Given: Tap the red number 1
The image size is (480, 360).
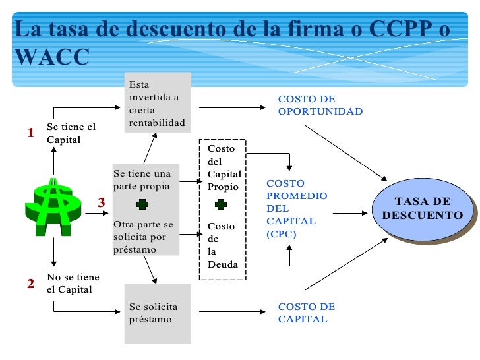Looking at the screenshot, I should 30,133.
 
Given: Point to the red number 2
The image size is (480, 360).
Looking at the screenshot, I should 30,284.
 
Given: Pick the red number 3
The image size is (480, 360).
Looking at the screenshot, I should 102,202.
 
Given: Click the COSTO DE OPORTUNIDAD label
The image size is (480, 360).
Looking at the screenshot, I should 320,105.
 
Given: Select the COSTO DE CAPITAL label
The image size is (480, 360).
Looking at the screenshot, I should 307,313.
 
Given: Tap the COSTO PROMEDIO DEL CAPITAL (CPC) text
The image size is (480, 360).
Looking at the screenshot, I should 296,208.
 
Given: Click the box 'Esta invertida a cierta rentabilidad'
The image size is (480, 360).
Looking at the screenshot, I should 158,104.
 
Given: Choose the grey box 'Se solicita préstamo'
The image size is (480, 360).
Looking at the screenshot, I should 158,313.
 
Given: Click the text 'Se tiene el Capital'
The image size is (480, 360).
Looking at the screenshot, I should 71,133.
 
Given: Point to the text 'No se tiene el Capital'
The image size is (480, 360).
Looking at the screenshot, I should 73,284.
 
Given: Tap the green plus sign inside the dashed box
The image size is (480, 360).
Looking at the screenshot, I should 221,205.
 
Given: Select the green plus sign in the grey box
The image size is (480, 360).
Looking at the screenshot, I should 142,204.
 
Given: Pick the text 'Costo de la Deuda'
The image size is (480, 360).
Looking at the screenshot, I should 222,245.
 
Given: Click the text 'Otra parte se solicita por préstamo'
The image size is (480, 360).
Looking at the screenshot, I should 143,237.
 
